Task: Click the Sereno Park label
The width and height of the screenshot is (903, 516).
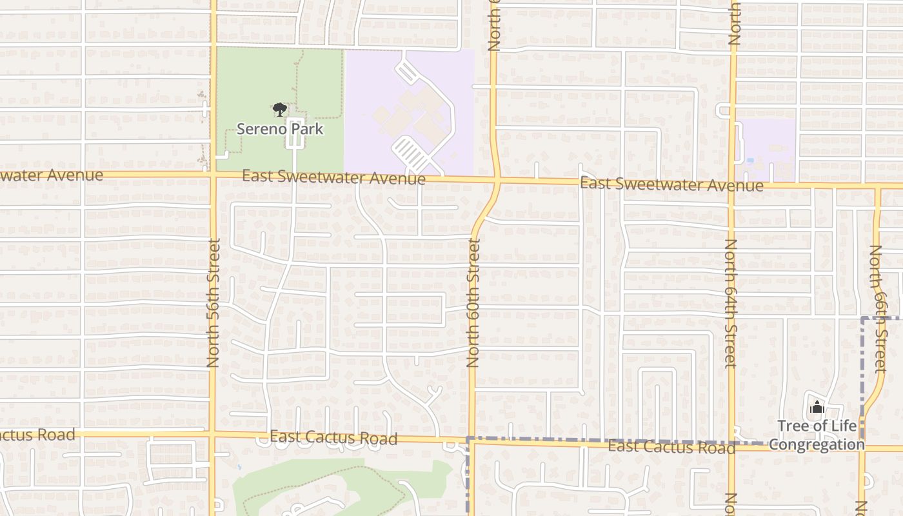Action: point(279,128)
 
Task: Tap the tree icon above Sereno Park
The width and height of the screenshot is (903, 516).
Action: point(279,110)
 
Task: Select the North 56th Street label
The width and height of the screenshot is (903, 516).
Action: point(213,303)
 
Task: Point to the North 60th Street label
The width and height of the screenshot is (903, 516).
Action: point(474,303)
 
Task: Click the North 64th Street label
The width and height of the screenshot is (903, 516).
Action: point(730,303)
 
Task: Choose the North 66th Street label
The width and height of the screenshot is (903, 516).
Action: point(877,308)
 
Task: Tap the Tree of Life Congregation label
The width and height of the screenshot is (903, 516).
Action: point(817,435)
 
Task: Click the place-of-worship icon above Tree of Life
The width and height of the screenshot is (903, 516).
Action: point(817,408)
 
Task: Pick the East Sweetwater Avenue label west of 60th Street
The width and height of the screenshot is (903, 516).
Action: point(333,177)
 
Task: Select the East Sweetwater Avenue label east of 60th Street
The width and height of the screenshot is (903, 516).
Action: point(671,184)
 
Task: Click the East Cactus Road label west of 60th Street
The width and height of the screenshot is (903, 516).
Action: point(333,438)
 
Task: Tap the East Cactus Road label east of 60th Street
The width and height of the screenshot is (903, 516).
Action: point(671,446)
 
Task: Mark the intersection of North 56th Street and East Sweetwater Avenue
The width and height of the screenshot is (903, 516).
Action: point(213,174)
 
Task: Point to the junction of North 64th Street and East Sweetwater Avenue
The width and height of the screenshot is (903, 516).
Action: point(732,185)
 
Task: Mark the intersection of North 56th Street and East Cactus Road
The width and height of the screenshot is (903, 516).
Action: point(212,433)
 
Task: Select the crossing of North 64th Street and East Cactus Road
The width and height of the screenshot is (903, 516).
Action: point(732,444)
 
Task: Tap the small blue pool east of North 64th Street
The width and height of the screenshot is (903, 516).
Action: point(749,160)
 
